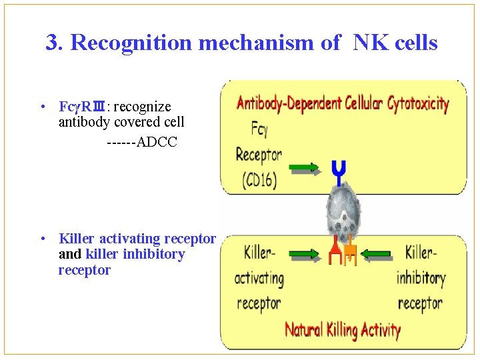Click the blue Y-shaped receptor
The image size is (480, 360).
339,172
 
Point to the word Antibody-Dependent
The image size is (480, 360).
289,103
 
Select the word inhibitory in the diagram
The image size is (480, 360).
421,277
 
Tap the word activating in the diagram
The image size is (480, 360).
259,277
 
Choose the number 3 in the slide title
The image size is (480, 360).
51,43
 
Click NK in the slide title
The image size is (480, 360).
368,43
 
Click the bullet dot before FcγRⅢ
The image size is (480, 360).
42,107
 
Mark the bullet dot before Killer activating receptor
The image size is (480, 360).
42,239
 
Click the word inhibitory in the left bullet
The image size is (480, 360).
155,254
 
